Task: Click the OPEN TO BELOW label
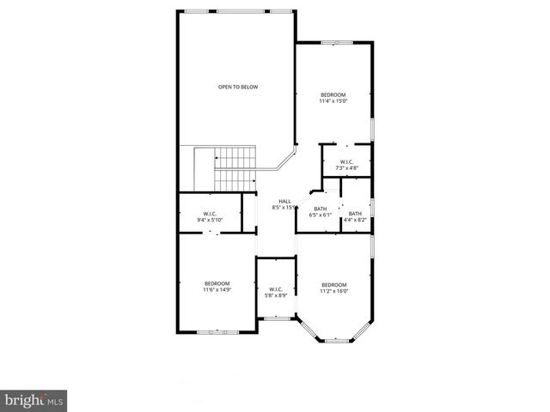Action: click(237, 87)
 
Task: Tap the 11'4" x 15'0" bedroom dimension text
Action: click(333, 100)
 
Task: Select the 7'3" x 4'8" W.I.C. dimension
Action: click(346, 168)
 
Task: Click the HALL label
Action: click(284, 201)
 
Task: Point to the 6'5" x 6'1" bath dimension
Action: click(321, 215)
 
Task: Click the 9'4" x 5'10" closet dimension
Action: click(210, 221)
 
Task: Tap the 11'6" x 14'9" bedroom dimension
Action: click(217, 290)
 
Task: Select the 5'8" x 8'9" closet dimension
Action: click(276, 295)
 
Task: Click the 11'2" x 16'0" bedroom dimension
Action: click(333, 291)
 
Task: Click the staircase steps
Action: click(235, 169)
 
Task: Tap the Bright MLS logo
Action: click(34, 400)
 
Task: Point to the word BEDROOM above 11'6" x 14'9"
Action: click(217, 283)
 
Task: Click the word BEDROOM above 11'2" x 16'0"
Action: click(333, 284)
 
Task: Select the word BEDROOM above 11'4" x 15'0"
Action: click(333, 94)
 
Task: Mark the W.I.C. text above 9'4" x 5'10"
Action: click(210, 214)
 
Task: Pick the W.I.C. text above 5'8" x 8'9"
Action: click(276, 288)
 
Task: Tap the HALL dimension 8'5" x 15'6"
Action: click(284, 208)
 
